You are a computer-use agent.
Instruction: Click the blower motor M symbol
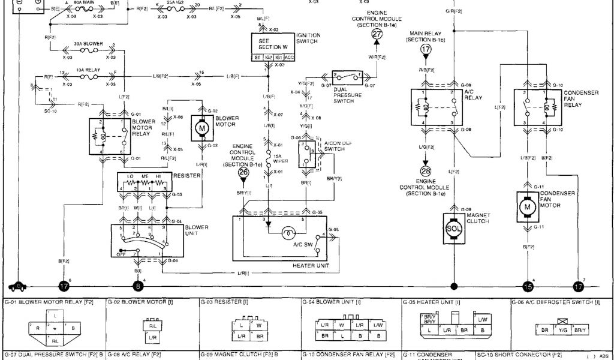(x=201, y=127)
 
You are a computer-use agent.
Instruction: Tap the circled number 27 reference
(x=377, y=35)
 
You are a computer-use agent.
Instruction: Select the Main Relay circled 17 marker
(x=426, y=49)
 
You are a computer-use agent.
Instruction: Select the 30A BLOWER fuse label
(x=88, y=44)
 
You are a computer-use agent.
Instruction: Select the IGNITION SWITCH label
(x=309, y=38)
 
